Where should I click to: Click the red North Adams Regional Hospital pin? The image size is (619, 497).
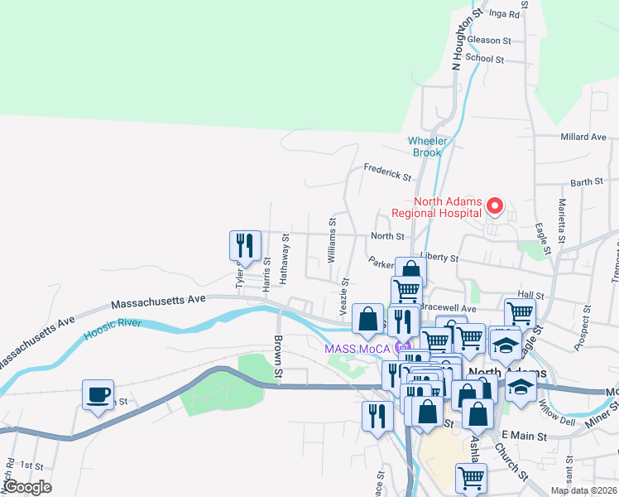pyautogui.click(x=496, y=205)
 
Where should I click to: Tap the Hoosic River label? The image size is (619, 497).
pyautogui.click(x=114, y=330)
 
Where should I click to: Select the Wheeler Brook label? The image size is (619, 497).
pyautogui.click(x=426, y=147)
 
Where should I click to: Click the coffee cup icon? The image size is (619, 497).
pyautogui.click(x=98, y=395)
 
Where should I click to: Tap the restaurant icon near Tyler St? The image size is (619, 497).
pyautogui.click(x=245, y=246)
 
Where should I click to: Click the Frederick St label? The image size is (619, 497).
pyautogui.click(x=387, y=173)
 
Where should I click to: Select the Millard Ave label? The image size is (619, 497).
pyautogui.click(x=583, y=137)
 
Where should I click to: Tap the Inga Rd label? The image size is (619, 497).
pyautogui.click(x=504, y=13)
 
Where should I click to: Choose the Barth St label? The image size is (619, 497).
pyautogui.click(x=587, y=181)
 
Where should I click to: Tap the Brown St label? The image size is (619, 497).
pyautogui.click(x=279, y=358)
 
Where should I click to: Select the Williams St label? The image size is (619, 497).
pyautogui.click(x=333, y=240)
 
